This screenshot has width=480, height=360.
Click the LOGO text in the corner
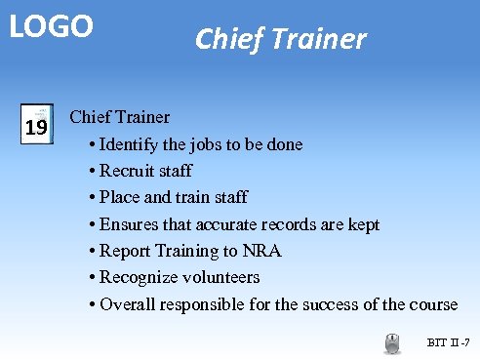point(52,26)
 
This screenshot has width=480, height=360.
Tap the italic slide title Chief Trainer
point(280,39)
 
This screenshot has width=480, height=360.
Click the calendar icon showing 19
point(36,126)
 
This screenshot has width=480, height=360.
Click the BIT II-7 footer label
point(449,343)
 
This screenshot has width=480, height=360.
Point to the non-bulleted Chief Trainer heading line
point(120,118)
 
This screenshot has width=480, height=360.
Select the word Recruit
point(130,172)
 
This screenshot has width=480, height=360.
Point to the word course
point(432,304)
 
